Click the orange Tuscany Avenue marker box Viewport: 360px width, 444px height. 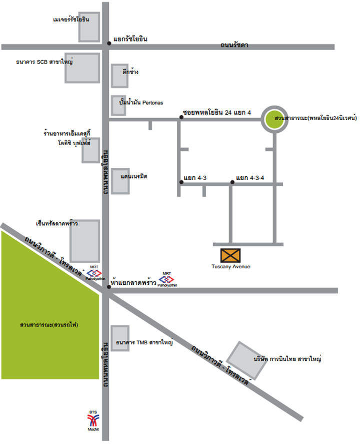click(230, 255)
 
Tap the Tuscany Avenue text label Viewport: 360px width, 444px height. click(231, 266)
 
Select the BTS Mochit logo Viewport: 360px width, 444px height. click(93, 420)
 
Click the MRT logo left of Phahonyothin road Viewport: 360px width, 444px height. click(94, 273)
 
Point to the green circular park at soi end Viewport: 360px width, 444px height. click(274, 119)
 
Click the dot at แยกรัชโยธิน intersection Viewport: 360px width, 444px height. click(109, 44)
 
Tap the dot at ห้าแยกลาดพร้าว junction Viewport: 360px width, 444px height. click(109, 287)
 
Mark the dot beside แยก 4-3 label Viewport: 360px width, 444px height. click(181, 182)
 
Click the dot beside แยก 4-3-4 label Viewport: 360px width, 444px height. click(232, 182)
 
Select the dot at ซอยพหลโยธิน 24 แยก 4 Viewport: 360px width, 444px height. click(181, 117)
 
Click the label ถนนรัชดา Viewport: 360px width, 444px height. click(234, 45)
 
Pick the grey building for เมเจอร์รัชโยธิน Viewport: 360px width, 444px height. click(89, 27)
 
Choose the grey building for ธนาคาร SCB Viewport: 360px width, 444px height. click(82, 68)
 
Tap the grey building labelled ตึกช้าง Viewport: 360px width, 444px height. click(119, 76)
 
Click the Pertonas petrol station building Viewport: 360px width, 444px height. click(118, 106)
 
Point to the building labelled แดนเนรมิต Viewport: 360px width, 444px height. click(120, 182)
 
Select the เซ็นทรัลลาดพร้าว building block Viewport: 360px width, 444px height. click(85, 241)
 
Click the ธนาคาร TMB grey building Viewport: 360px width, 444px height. click(120, 338)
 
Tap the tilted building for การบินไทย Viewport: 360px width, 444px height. click(247, 360)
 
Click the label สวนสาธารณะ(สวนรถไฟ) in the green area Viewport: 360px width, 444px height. click(49, 324)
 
